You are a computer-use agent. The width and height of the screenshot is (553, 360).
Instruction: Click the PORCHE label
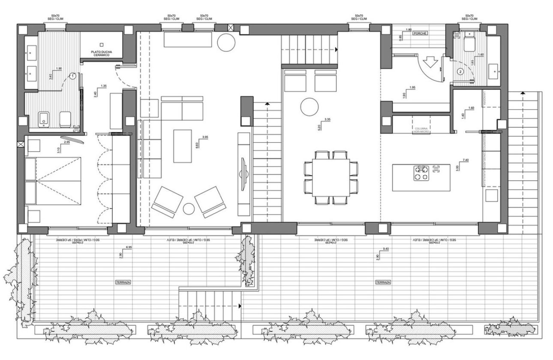point(420,33)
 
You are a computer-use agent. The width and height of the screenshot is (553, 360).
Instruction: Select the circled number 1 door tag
point(73,75)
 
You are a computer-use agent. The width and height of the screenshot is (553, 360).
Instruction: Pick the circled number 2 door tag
point(460,72)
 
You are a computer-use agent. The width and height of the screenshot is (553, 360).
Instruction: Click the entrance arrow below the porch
point(431,65)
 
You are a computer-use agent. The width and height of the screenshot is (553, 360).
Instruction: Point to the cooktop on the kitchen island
point(421,173)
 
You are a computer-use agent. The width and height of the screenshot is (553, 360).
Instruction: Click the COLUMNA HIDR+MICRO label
point(422,130)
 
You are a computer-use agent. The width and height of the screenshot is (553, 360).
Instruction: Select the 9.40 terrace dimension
point(385,249)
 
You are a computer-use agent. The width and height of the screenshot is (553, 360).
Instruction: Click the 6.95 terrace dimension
point(129,248)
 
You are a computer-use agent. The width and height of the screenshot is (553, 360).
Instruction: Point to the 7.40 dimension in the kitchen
point(466,160)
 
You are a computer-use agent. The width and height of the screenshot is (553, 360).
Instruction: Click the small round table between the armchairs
point(189,209)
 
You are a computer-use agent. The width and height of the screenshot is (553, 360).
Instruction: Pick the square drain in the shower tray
point(102,44)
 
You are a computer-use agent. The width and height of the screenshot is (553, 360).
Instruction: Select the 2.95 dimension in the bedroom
point(67,142)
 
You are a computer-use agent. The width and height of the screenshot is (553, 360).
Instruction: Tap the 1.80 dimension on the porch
point(408,30)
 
